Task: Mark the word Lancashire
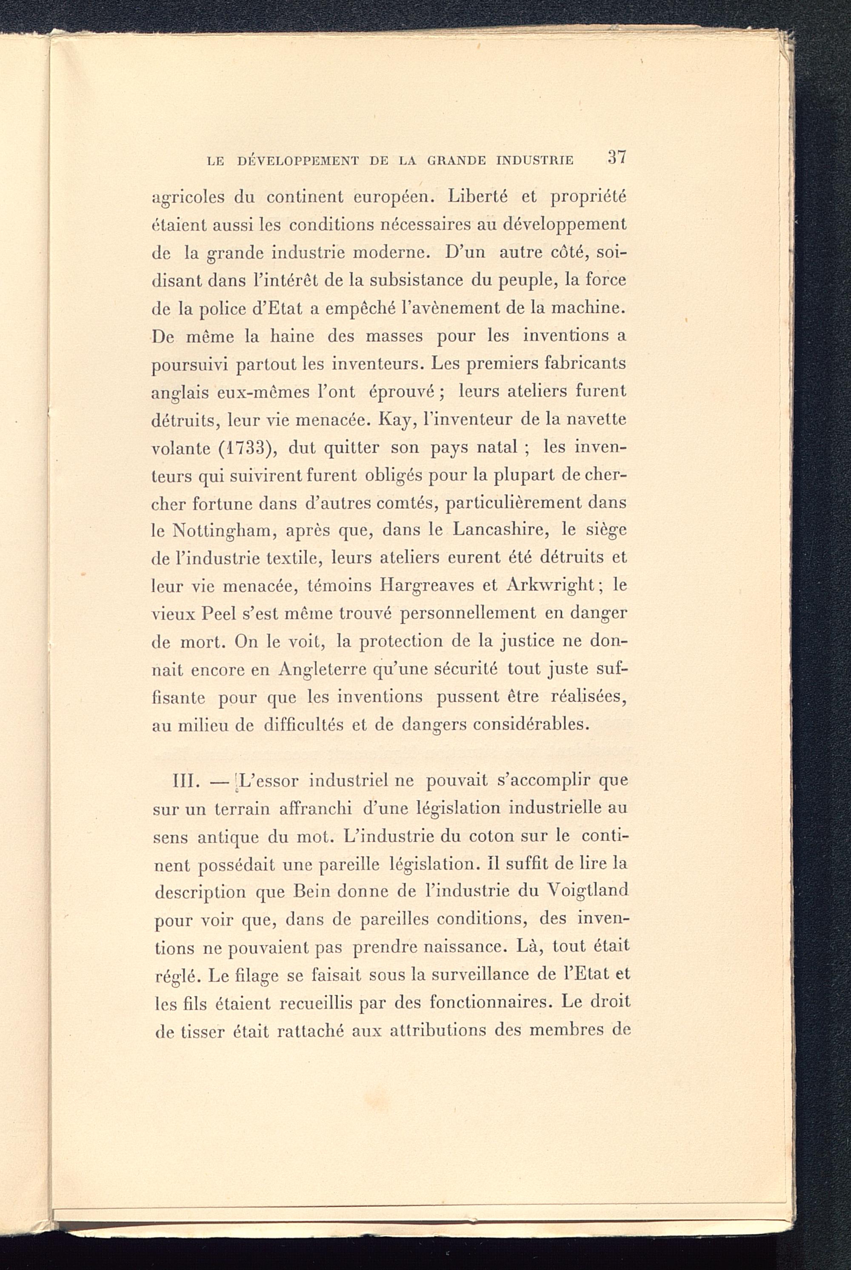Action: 499,530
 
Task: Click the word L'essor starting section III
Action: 268,782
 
